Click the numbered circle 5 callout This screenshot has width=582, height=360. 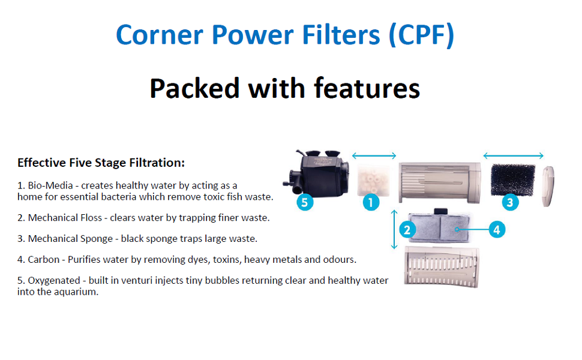305,202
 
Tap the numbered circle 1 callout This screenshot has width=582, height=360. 371,202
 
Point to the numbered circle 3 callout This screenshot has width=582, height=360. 510,202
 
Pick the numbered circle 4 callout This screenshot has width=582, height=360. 497,229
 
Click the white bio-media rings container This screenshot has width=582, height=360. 373,179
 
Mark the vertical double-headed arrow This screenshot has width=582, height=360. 394,229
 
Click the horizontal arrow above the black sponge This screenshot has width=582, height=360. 514,155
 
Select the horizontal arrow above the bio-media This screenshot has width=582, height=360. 374,155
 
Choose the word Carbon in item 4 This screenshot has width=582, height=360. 43,260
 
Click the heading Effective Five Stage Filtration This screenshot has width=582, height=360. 101,163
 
